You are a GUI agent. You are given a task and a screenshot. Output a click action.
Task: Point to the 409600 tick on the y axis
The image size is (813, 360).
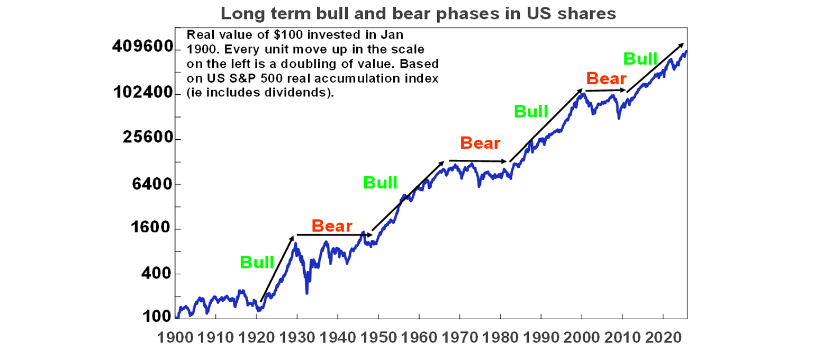tap(143, 47)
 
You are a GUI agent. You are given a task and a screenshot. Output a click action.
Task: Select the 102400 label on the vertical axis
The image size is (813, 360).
tap(143, 93)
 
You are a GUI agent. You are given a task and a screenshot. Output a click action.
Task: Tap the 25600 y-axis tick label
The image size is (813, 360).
tap(148, 138)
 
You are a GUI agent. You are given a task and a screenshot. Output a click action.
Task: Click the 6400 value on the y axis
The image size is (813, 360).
tap(153, 184)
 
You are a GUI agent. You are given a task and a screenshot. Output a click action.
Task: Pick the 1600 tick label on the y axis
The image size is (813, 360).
tap(153, 229)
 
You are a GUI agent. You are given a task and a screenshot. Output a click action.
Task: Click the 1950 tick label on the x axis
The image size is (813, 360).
tap(378, 337)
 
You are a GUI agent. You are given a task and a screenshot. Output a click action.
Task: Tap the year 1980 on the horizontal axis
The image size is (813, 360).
tap(500, 337)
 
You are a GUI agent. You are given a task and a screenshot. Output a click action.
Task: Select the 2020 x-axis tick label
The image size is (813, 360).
tap(663, 337)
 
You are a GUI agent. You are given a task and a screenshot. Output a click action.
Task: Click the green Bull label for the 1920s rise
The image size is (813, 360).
tap(257, 262)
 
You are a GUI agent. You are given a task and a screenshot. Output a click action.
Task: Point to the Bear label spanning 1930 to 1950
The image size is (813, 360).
tap(332, 226)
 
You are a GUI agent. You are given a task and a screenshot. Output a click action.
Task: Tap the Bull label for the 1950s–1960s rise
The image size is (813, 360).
tap(380, 183)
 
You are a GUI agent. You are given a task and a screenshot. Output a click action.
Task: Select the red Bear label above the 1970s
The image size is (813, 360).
tap(480, 143)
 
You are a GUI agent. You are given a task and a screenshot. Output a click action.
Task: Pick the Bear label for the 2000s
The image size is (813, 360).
tap(606, 79)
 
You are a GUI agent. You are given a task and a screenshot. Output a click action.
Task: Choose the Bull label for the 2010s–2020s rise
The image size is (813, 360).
tap(640, 58)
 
